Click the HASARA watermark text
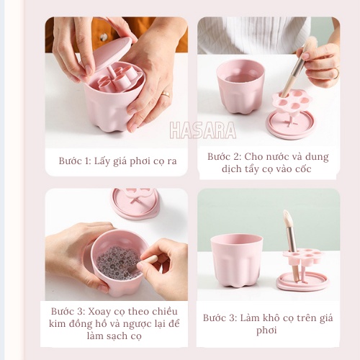pos(202,130)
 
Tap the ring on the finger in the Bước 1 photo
pos(165,94)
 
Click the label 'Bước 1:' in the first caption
pos(75,161)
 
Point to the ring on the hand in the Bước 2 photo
pos(334,73)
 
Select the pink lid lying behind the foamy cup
pos(135,202)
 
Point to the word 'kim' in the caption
pos(63,324)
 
